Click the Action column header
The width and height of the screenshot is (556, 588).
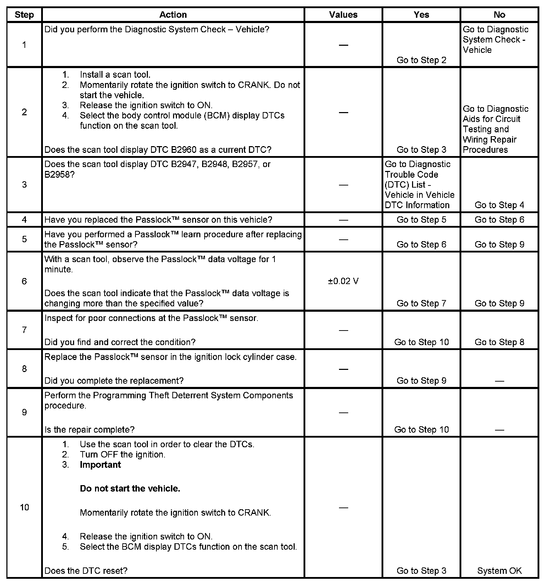coord(173,15)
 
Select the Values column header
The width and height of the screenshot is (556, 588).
coord(343,15)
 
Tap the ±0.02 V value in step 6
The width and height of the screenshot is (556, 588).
coord(343,281)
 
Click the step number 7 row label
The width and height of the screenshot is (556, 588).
coord(24,330)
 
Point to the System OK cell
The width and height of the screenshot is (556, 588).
coord(499,571)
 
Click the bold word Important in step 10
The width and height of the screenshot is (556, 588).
coord(100,465)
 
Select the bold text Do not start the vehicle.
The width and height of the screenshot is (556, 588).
coord(130,488)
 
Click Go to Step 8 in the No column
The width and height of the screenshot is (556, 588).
coord(499,342)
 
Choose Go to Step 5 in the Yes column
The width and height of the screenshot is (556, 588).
coord(421,220)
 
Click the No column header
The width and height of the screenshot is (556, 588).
coord(499,15)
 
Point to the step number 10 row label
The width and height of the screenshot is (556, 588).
coord(24,507)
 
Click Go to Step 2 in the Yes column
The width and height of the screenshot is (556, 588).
coord(421,60)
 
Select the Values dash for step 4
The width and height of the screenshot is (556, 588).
coord(343,220)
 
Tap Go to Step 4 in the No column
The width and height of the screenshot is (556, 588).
coord(499,205)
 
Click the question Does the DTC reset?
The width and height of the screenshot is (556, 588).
coord(86,571)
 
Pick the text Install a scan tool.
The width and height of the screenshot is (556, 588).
coord(115,74)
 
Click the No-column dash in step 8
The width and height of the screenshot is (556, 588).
coord(499,381)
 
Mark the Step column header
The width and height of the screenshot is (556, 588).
coord(24,15)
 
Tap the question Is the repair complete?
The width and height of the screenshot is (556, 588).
coord(89,429)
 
